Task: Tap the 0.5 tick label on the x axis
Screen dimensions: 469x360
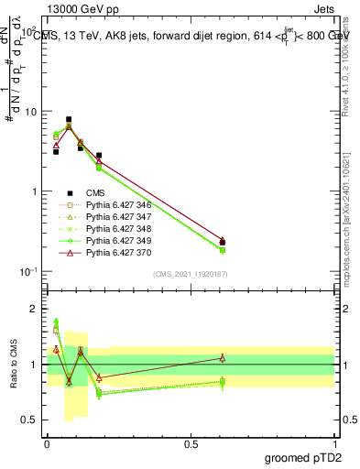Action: point(191,443)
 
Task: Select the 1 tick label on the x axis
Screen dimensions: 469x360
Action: point(334,443)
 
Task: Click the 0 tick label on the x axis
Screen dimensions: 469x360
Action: point(47,443)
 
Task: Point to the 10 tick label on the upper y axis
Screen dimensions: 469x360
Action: point(30,112)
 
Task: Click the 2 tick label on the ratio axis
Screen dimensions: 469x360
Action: point(35,309)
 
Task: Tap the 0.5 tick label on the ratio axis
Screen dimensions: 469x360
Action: point(30,420)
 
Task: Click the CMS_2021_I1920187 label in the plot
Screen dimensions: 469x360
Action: point(191,274)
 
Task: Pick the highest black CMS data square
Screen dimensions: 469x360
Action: point(69,119)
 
